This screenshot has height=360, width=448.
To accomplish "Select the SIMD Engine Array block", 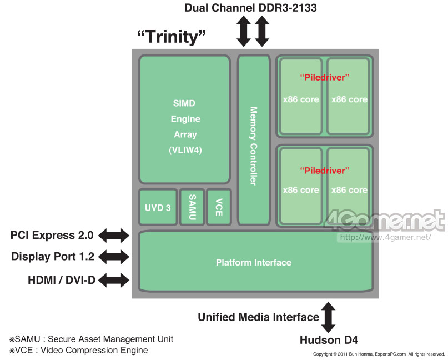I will tap(184, 119).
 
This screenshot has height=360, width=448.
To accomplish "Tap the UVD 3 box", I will tap(157, 208).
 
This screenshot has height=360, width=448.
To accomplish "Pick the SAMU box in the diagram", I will tap(192, 207).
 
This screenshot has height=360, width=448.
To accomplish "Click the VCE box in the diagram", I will tap(218, 207).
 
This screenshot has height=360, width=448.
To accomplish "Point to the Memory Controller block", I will tap(253, 139).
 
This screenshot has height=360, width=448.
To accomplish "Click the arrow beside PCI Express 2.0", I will tap(113, 236).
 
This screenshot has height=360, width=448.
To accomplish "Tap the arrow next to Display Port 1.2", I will tap(113, 257).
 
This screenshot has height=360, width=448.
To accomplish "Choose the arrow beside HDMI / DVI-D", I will tap(113, 280).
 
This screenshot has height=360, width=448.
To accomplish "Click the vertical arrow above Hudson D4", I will tap(329, 317).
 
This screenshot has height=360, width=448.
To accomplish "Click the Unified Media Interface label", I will tap(258, 317).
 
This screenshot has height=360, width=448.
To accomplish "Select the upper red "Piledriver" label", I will tap(325, 77).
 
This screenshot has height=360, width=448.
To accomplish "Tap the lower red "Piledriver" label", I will tap(325, 169).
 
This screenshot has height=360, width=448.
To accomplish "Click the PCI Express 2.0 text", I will tap(52, 236).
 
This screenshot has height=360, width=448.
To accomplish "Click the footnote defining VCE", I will tap(78, 350).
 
